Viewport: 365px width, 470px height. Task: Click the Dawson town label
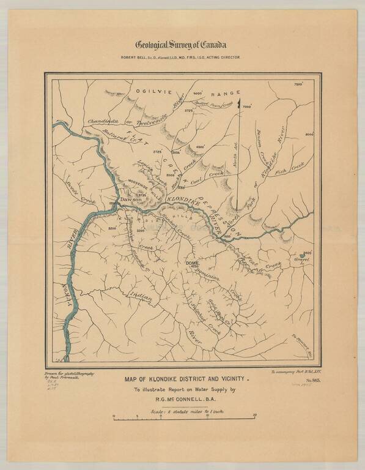tap(130, 200)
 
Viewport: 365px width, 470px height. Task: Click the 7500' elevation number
tap(298, 84)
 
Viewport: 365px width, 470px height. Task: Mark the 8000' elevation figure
tap(309, 133)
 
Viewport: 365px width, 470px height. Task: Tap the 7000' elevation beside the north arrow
tap(247, 106)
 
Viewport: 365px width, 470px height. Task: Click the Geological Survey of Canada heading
tap(182, 45)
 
